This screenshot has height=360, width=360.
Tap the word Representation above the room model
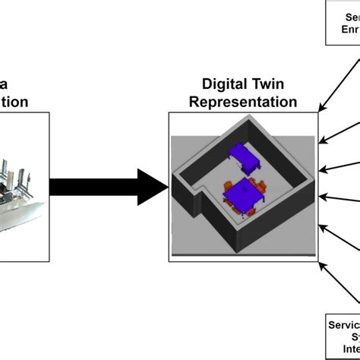[243, 102]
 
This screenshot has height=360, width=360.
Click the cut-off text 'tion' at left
[15, 102]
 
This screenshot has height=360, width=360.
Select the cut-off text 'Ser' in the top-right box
[352, 17]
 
